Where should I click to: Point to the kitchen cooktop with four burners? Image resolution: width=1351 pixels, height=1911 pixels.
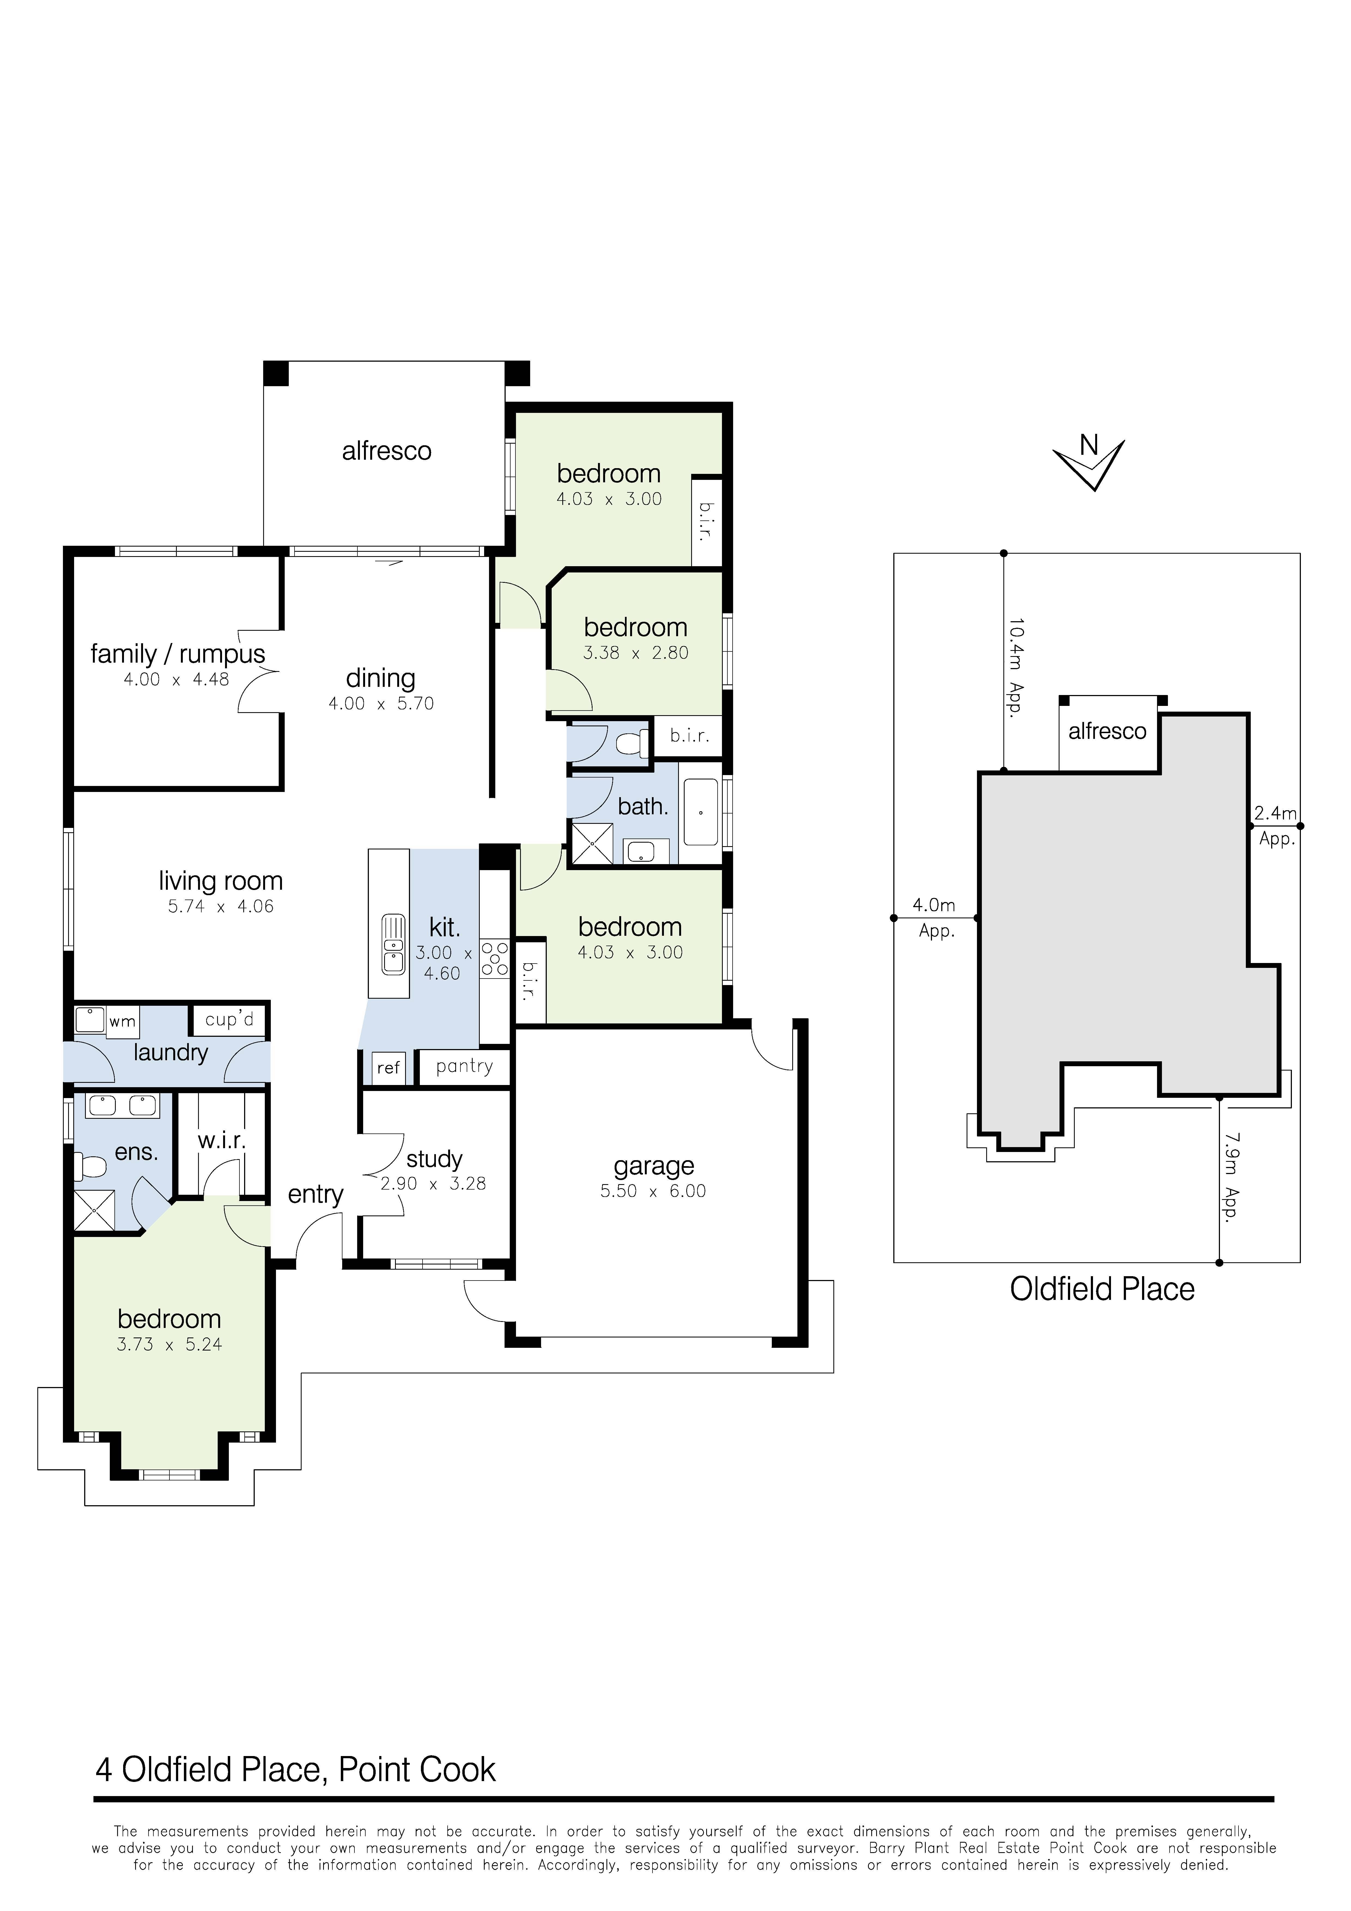(494, 958)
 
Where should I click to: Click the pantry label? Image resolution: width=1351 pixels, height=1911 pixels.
(464, 1066)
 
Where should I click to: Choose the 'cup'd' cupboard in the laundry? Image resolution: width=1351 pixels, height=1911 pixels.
(229, 1020)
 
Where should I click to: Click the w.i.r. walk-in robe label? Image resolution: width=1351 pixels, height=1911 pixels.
(221, 1140)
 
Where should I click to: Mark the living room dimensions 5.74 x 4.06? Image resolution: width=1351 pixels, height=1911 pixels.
(221, 906)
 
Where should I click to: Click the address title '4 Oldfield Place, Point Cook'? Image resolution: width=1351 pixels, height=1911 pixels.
(296, 1769)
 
